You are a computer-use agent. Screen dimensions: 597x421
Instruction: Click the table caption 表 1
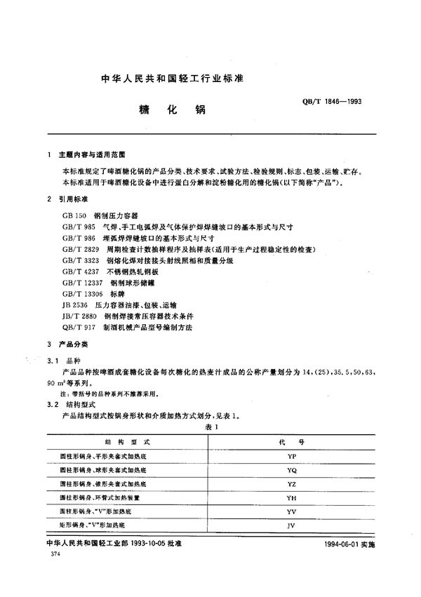(212, 427)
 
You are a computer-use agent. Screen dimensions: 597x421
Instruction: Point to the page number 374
(48, 554)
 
